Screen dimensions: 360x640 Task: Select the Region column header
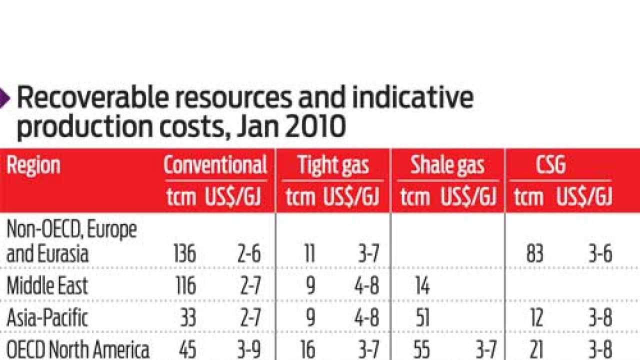(x=33, y=165)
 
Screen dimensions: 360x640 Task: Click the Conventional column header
(x=215, y=165)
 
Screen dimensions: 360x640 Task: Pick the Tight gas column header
(x=333, y=165)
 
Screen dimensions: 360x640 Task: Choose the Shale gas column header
(x=447, y=165)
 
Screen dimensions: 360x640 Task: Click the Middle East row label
(x=47, y=286)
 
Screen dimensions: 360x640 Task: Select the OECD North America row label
(x=77, y=349)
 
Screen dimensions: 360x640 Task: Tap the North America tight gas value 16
(x=308, y=349)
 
